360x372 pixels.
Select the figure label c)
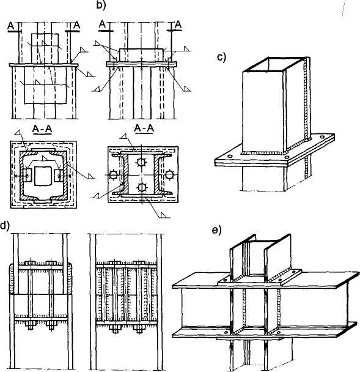(222, 57)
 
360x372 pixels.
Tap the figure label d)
(5, 226)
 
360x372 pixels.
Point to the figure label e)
(216, 230)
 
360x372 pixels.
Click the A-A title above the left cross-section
(42, 129)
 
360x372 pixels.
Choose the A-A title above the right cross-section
(144, 128)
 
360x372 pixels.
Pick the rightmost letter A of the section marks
(178, 25)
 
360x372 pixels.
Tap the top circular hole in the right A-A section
(141, 162)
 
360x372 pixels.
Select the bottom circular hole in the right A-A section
(142, 187)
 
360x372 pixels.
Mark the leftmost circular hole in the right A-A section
(113, 175)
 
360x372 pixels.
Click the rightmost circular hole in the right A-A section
(169, 175)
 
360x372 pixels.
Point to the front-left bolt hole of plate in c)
(229, 157)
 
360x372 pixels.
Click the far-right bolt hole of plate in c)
(321, 137)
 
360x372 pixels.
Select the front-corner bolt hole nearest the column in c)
(287, 157)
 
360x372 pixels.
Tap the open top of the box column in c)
(276, 65)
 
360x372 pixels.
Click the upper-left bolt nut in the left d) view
(30, 263)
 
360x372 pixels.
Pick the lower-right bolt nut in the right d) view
(139, 328)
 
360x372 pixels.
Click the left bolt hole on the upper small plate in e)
(224, 281)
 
